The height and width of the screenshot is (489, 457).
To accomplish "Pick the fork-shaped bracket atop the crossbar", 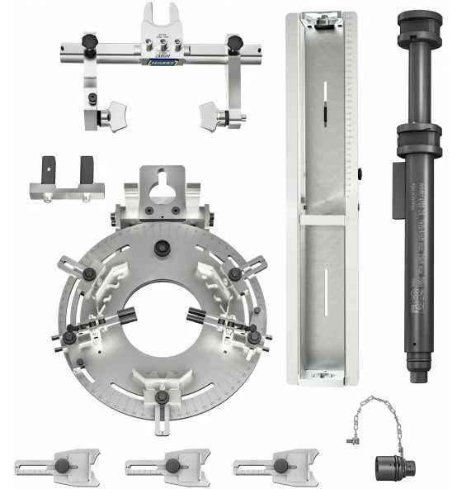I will click(163, 21).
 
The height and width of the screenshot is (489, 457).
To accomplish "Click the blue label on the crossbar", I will click(163, 60).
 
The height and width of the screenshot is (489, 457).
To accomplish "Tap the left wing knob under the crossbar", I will click(112, 113).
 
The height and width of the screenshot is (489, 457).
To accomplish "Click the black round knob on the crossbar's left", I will click(90, 41).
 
